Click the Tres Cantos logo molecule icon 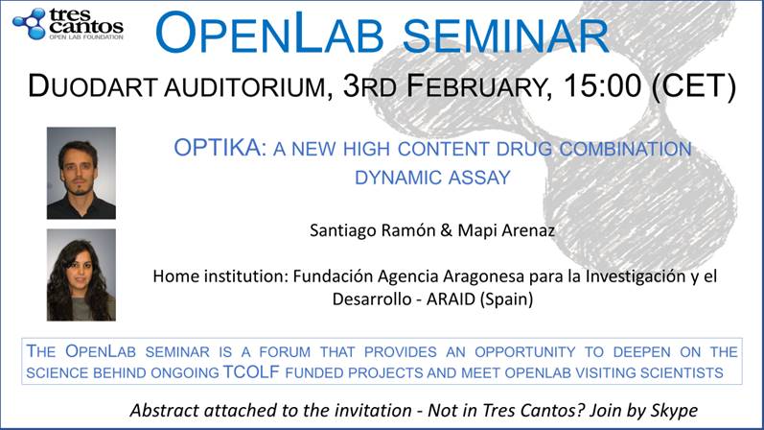tap(30, 23)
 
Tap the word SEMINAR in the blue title tap(506, 36)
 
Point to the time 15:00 tap(603, 85)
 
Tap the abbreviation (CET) tap(694, 86)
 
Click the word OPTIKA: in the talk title tap(220, 148)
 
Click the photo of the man tap(81, 173)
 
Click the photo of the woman tap(81, 275)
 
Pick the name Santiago tap(342, 230)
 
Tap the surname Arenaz tap(531, 230)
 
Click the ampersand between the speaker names tap(447, 230)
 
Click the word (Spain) tap(506, 299)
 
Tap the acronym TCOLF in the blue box tap(251, 371)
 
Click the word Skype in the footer tap(673, 411)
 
